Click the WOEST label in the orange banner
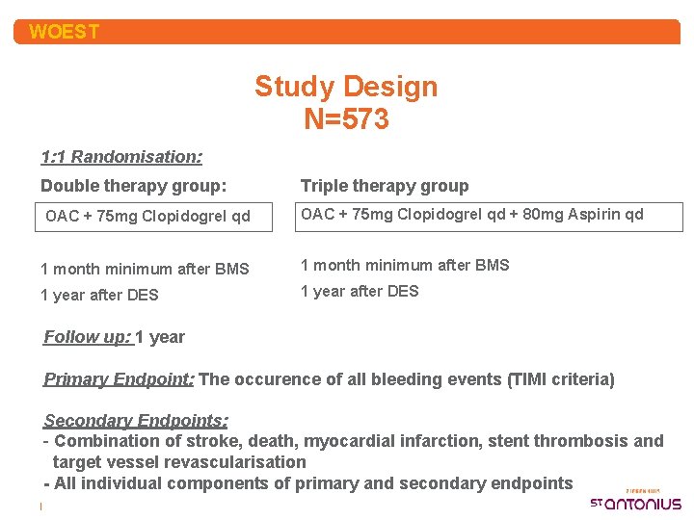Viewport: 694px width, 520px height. click(64, 32)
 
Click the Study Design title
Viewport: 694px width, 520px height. click(346, 87)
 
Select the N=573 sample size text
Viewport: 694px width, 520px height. click(346, 119)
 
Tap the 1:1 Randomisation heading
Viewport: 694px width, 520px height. click(121, 156)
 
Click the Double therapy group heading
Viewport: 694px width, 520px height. click(134, 186)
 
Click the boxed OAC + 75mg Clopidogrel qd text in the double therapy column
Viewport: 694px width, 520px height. click(147, 216)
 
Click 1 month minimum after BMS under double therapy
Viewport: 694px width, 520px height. click(145, 270)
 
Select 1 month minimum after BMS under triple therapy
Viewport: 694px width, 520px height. click(405, 265)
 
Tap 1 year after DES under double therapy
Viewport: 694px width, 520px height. click(99, 296)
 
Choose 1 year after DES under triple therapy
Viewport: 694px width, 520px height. click(360, 291)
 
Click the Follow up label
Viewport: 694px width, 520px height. click(87, 337)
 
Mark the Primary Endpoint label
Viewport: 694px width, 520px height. click(119, 379)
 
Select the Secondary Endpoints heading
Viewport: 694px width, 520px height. click(136, 421)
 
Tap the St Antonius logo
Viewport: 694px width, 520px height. click(635, 502)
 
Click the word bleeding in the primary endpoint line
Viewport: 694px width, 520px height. click(385, 379)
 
